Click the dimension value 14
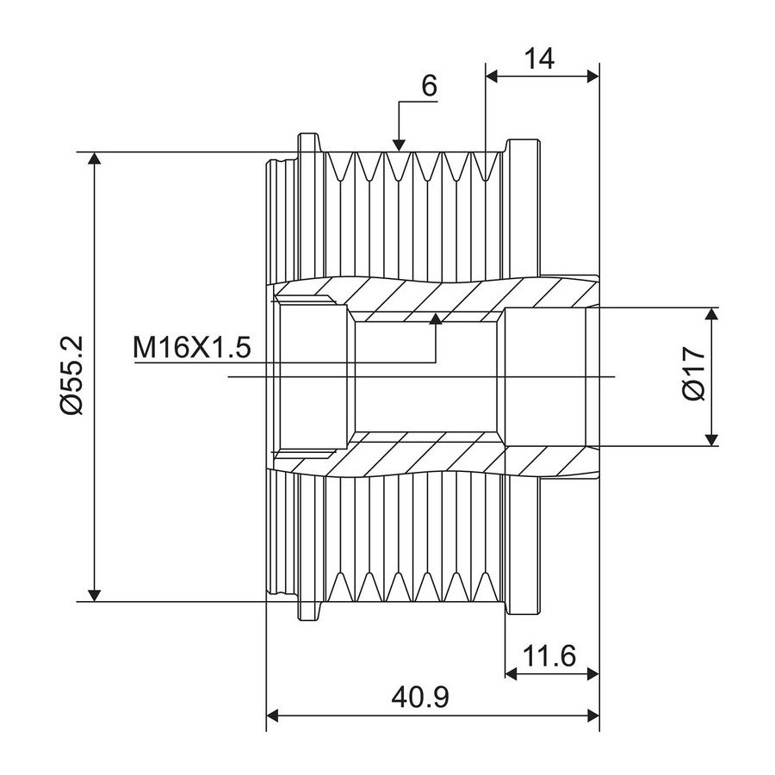tap(539, 59)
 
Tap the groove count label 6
tap(429, 86)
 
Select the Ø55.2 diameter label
tap(73, 375)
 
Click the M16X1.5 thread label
tap(192, 348)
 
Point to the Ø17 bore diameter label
tap(693, 374)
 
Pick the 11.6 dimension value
tap(549, 656)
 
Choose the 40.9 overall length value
tap(420, 697)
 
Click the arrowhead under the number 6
tap(400, 145)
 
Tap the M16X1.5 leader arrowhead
tap(436, 319)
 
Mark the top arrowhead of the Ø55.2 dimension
tap(95, 158)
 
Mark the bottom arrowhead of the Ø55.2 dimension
tap(95, 596)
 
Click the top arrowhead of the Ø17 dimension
tap(711, 313)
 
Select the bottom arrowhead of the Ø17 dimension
tap(711, 440)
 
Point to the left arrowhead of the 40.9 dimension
tap(273, 716)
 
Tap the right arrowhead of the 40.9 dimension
tap(592, 716)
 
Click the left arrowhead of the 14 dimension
tap(493, 76)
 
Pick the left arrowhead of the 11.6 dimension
tap(511, 673)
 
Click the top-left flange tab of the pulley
tap(309, 143)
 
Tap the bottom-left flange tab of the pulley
tap(309, 611)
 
